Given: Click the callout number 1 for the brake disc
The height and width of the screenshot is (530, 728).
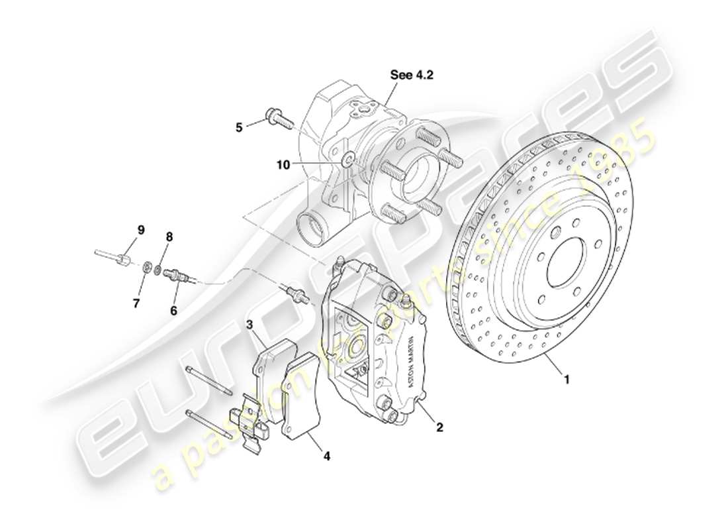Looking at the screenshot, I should (x=566, y=380).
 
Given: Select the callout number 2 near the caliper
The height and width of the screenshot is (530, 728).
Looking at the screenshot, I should (x=439, y=427).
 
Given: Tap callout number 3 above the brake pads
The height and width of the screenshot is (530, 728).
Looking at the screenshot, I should (x=250, y=325).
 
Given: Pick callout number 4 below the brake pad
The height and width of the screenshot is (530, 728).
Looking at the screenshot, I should (x=326, y=456).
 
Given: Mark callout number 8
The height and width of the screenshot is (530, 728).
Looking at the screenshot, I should (x=169, y=237).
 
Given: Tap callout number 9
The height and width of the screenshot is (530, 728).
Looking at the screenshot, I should (x=140, y=230).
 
